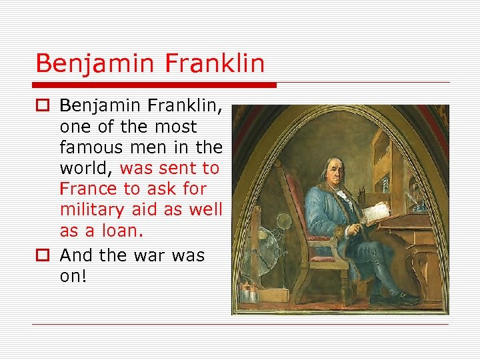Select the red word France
click(86, 189)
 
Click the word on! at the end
click(73, 276)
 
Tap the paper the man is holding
click(375, 211)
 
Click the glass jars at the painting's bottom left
click(251, 291)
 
